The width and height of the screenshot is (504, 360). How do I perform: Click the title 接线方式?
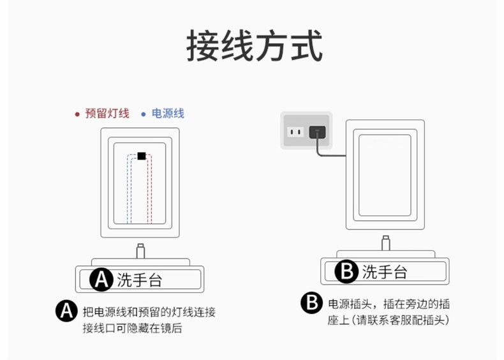click(254, 46)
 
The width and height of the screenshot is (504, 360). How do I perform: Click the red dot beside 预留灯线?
click(77, 114)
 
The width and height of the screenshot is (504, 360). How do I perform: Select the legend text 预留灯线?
click(107, 114)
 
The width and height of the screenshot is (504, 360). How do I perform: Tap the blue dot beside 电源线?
click(143, 114)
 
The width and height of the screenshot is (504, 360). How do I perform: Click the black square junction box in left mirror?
click(141, 156)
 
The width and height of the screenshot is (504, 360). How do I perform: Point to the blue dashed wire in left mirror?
click(130, 191)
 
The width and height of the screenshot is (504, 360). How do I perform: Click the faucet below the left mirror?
click(140, 249)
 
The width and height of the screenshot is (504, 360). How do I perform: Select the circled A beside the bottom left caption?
click(66, 311)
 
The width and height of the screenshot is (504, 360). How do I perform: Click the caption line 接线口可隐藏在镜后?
click(137, 328)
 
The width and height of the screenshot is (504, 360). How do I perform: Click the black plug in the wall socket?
click(317, 132)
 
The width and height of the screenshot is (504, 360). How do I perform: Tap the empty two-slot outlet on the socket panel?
click(294, 132)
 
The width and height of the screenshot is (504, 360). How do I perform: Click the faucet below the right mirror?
click(385, 243)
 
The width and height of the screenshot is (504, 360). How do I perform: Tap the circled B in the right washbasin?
click(346, 272)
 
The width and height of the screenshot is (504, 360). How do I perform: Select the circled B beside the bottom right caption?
click(311, 303)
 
